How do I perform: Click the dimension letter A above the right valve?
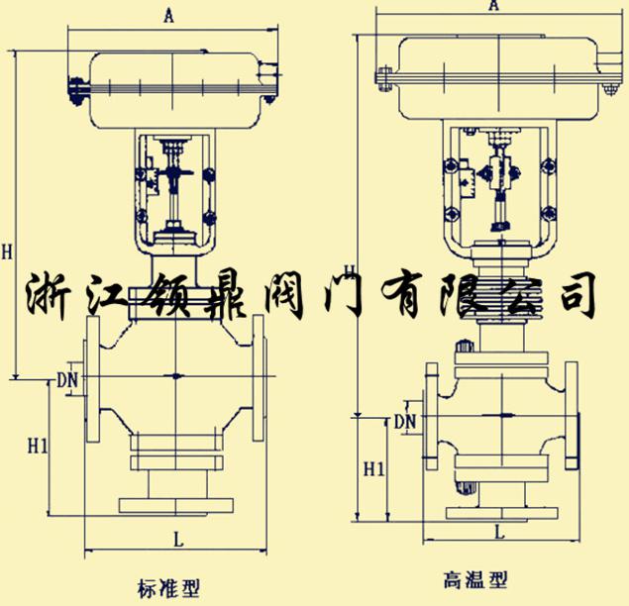pyautogui.click(x=493, y=6)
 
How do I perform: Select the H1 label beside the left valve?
pyautogui.click(x=37, y=447)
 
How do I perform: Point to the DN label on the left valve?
pyautogui.click(x=66, y=379)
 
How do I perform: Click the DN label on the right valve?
pyautogui.click(x=405, y=422)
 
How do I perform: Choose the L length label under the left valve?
pyautogui.click(x=176, y=541)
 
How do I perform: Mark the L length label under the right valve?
pyautogui.click(x=499, y=532)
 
